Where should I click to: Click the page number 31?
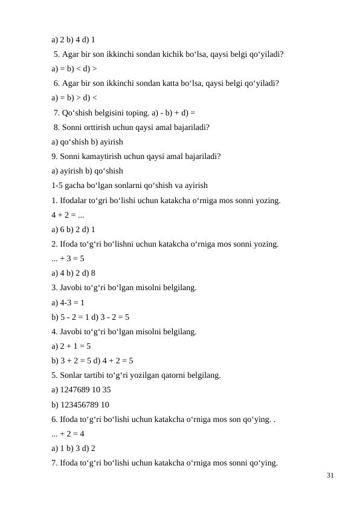point(330,476)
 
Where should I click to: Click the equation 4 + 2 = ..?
point(66,215)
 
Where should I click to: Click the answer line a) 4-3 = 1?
point(68,302)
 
